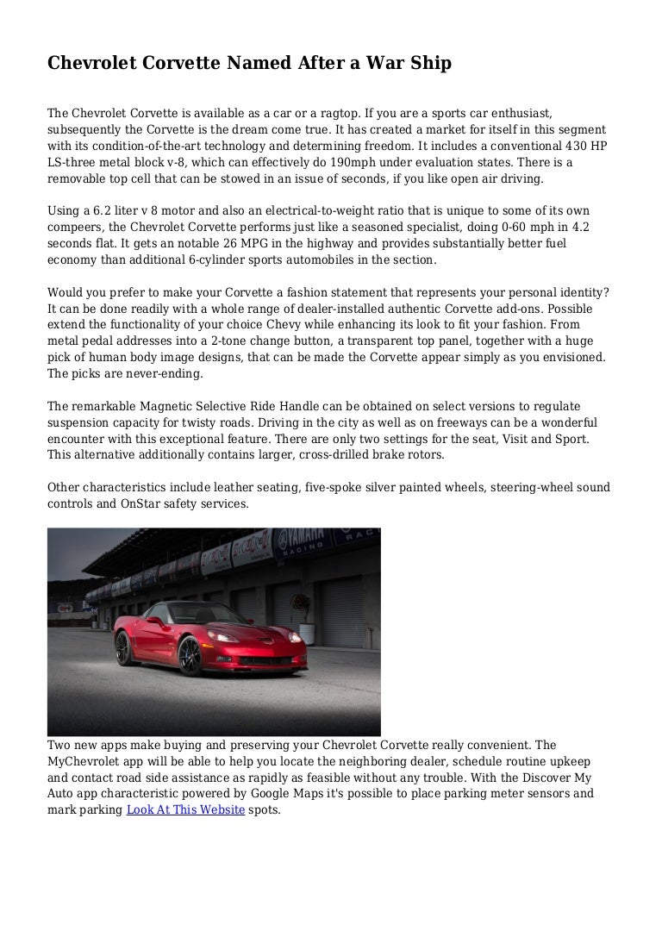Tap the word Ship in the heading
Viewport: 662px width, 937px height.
pos(428,63)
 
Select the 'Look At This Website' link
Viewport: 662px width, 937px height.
pos(184,810)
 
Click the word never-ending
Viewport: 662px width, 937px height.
pos(156,373)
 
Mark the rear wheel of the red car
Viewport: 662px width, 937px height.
pos(124,647)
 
